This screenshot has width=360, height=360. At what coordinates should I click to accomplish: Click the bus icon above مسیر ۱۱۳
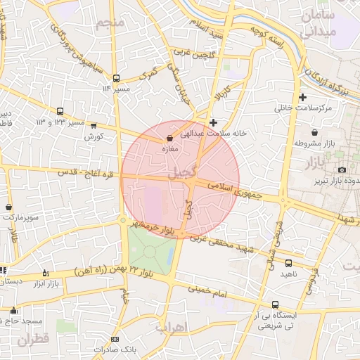(116, 78)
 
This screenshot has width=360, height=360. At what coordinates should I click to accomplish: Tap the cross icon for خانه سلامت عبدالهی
(214, 122)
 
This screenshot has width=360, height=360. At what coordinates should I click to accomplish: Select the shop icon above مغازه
(169, 139)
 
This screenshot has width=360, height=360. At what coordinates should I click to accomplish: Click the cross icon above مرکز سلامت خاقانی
(302, 97)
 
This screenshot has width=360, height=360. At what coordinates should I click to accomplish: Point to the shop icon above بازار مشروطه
(314, 132)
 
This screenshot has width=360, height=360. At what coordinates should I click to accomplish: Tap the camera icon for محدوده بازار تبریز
(342, 170)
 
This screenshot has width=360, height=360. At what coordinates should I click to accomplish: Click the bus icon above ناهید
(288, 263)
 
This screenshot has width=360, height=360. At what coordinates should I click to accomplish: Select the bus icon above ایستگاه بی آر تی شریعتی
(275, 305)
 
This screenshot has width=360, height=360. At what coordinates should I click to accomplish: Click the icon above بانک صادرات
(126, 340)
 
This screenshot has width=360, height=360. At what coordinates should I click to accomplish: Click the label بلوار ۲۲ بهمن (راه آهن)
(95, 271)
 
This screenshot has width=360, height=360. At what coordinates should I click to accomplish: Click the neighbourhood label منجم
(110, 25)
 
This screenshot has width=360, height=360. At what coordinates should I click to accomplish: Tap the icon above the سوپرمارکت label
(8, 207)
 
